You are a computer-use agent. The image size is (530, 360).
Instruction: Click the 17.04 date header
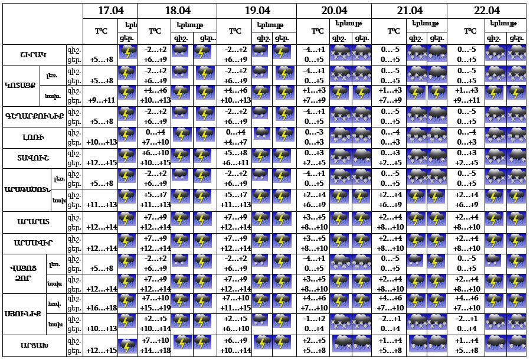110,11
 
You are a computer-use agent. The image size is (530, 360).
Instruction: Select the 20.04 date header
333,11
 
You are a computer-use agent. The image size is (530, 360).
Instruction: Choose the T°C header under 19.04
235,31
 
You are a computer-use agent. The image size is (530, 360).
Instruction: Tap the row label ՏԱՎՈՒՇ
34,158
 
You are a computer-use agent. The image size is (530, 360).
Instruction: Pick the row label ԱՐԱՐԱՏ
34,221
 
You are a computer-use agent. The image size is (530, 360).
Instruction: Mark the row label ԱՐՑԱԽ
34,345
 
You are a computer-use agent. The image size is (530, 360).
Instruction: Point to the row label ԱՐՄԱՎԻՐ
34,242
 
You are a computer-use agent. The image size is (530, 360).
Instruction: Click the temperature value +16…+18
102,308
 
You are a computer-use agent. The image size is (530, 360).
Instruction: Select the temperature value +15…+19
156,308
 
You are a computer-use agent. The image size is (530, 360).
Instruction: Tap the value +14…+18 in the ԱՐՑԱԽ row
156,351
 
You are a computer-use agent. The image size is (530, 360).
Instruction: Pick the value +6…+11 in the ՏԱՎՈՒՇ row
235,163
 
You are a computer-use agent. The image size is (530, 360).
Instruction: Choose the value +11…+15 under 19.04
235,308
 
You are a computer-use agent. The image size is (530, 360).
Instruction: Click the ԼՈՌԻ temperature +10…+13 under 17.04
102,142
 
